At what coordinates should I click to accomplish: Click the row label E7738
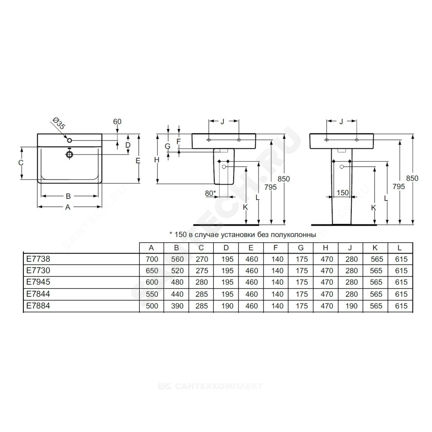38,259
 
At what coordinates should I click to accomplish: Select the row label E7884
38,305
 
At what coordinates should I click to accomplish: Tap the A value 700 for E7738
152,259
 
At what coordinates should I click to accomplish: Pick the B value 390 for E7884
177,306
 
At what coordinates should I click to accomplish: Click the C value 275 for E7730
202,271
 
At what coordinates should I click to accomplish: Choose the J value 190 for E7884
351,306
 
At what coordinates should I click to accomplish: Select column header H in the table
325,248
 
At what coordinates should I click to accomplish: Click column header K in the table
375,248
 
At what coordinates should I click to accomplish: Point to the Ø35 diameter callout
59,123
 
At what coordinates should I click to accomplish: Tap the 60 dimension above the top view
117,121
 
